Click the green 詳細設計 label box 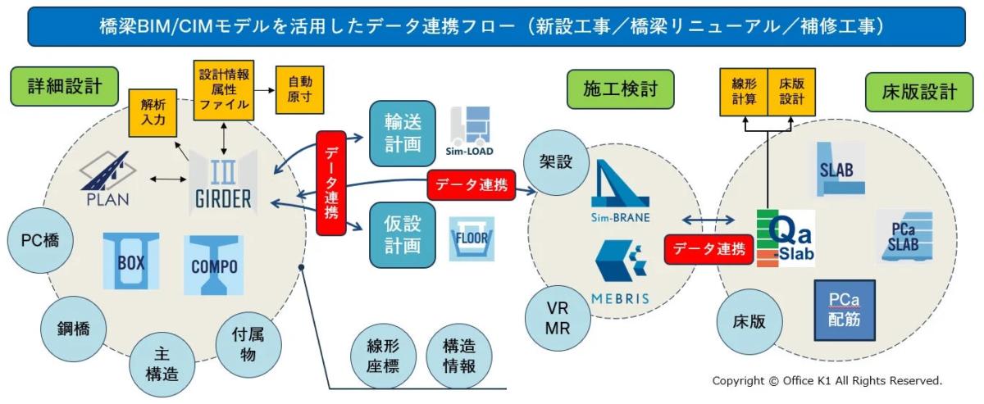(65, 86)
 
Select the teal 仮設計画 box (403, 234)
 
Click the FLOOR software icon (471, 238)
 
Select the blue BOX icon (131, 261)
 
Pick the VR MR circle (558, 316)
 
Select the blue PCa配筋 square (844, 310)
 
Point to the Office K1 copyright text (827, 381)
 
